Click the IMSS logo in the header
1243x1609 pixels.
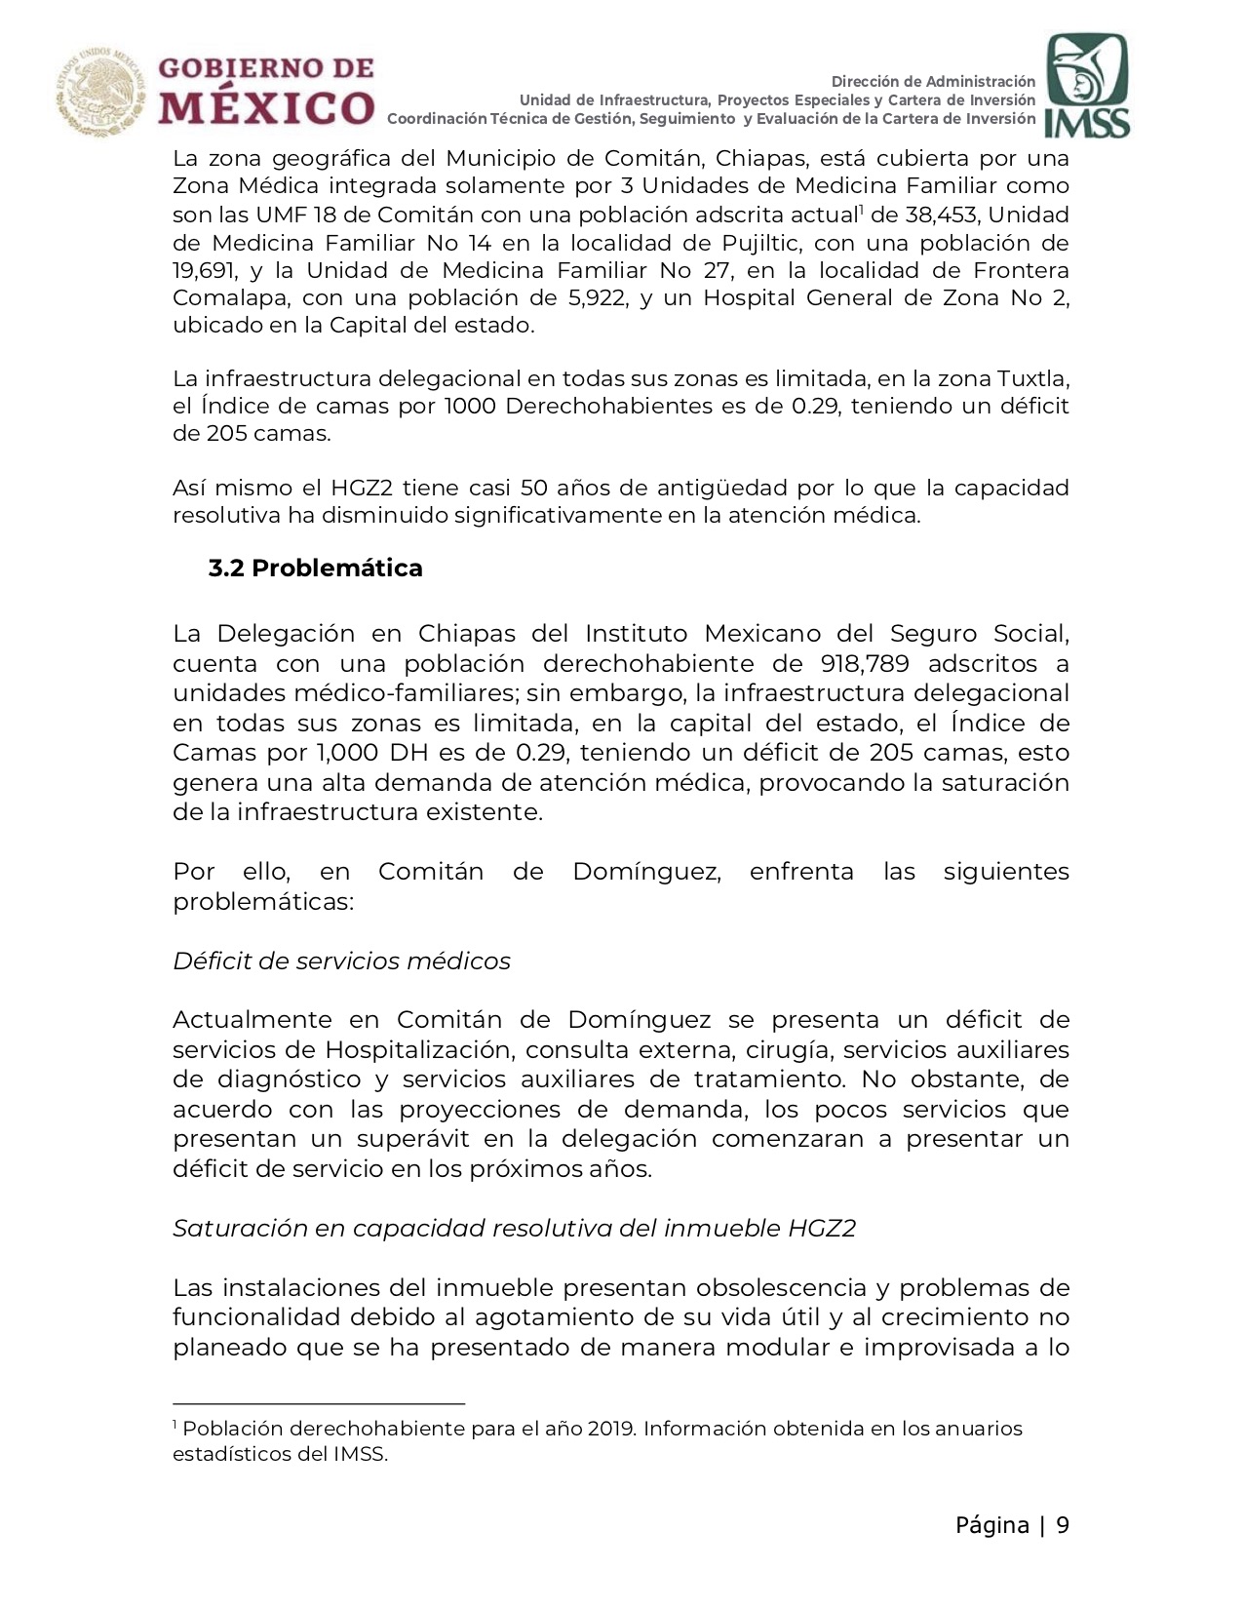coord(1087,86)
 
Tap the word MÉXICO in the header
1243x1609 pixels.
coord(266,107)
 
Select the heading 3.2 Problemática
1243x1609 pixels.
coord(315,569)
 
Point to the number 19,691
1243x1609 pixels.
coord(205,270)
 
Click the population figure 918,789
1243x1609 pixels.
coord(865,664)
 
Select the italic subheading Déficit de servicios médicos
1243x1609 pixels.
coord(341,961)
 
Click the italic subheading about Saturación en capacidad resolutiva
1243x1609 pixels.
coord(514,1229)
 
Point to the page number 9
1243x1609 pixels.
coord(1062,1526)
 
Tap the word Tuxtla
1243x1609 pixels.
coord(1032,378)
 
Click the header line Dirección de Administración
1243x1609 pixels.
coord(933,81)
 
